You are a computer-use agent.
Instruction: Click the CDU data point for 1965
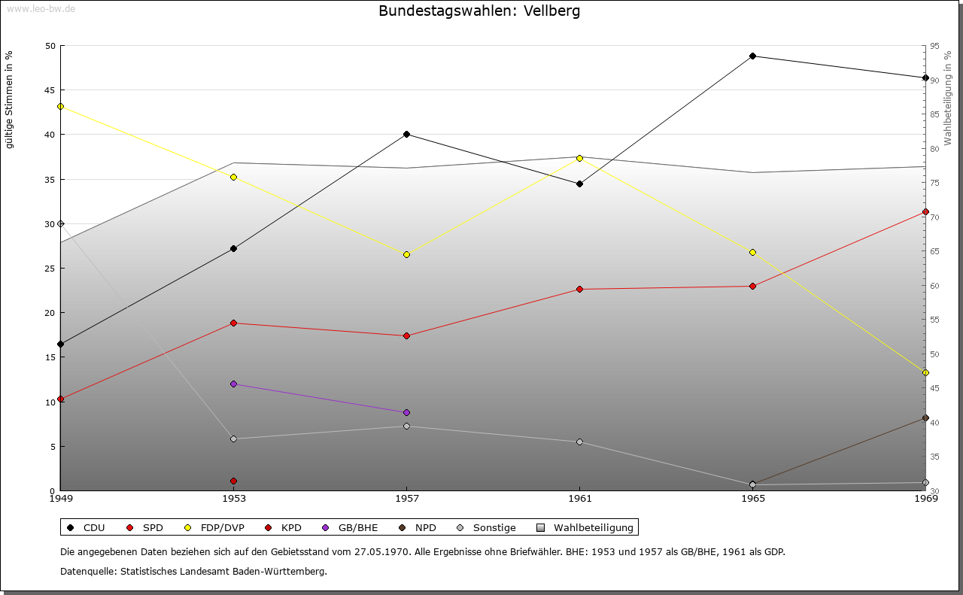click(752, 56)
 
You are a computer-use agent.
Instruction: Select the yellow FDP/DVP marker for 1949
click(60, 106)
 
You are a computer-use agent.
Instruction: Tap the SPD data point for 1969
click(925, 211)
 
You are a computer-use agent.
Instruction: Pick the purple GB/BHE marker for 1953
click(233, 384)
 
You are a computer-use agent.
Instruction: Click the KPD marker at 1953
click(233, 481)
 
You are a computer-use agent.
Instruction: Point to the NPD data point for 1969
click(925, 417)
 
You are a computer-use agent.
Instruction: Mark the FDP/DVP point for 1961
click(579, 158)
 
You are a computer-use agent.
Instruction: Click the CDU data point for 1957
click(406, 134)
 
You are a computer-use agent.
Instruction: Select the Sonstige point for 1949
click(60, 223)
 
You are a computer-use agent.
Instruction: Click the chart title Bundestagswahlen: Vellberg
click(479, 11)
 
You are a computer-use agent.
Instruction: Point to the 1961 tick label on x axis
click(579, 498)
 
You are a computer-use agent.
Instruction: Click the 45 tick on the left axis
click(50, 90)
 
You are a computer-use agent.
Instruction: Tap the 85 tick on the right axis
click(934, 114)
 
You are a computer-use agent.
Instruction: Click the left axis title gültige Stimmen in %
click(9, 99)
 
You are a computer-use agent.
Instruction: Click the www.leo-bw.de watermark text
click(39, 8)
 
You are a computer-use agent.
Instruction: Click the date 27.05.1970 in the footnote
click(380, 551)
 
